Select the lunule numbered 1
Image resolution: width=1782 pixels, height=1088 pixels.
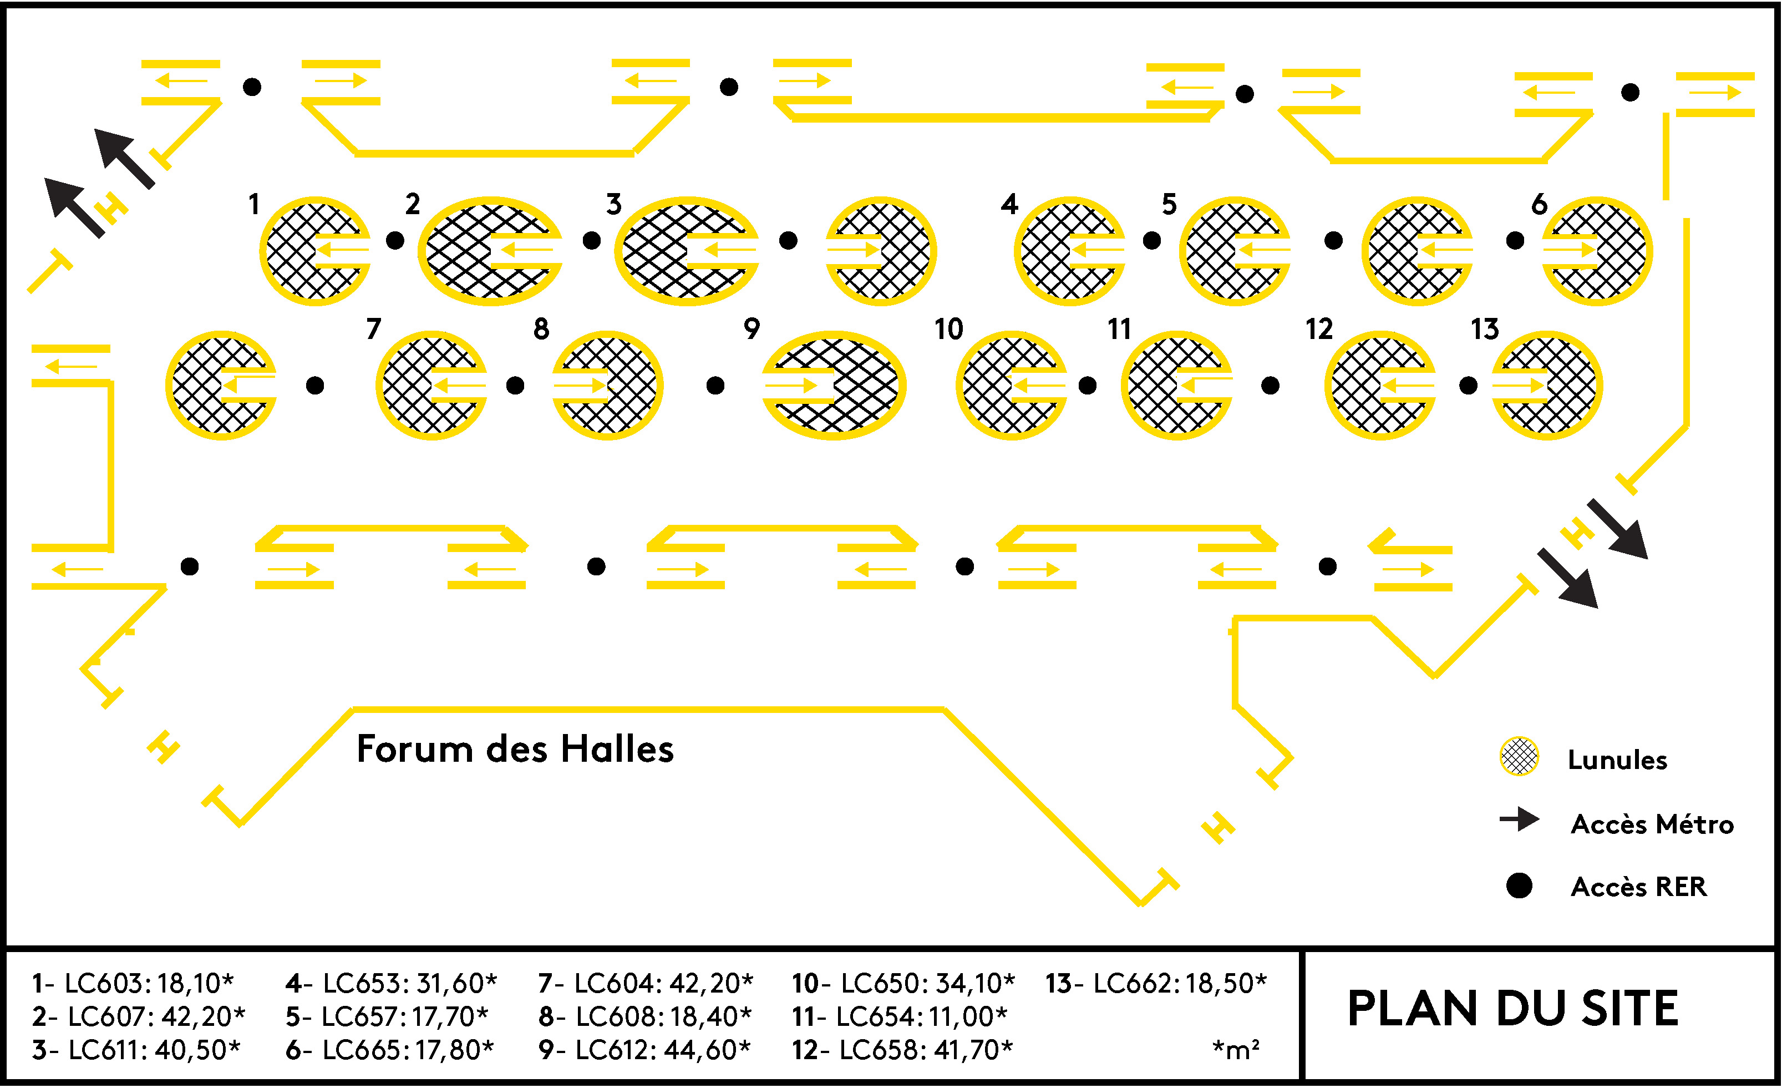(314, 251)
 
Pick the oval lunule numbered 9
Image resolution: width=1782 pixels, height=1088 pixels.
(834, 386)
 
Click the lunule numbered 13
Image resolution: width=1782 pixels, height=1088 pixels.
(1547, 386)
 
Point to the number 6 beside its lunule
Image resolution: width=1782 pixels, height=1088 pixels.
(1539, 205)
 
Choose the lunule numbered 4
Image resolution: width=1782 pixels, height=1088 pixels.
(1069, 251)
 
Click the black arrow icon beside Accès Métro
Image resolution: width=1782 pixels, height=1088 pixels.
(1520, 819)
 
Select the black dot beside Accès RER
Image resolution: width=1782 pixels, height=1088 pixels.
(1520, 885)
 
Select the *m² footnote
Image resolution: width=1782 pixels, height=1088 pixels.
(1236, 1050)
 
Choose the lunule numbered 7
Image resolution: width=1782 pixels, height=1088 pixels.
(431, 386)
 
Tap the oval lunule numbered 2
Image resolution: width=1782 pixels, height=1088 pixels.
(490, 251)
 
